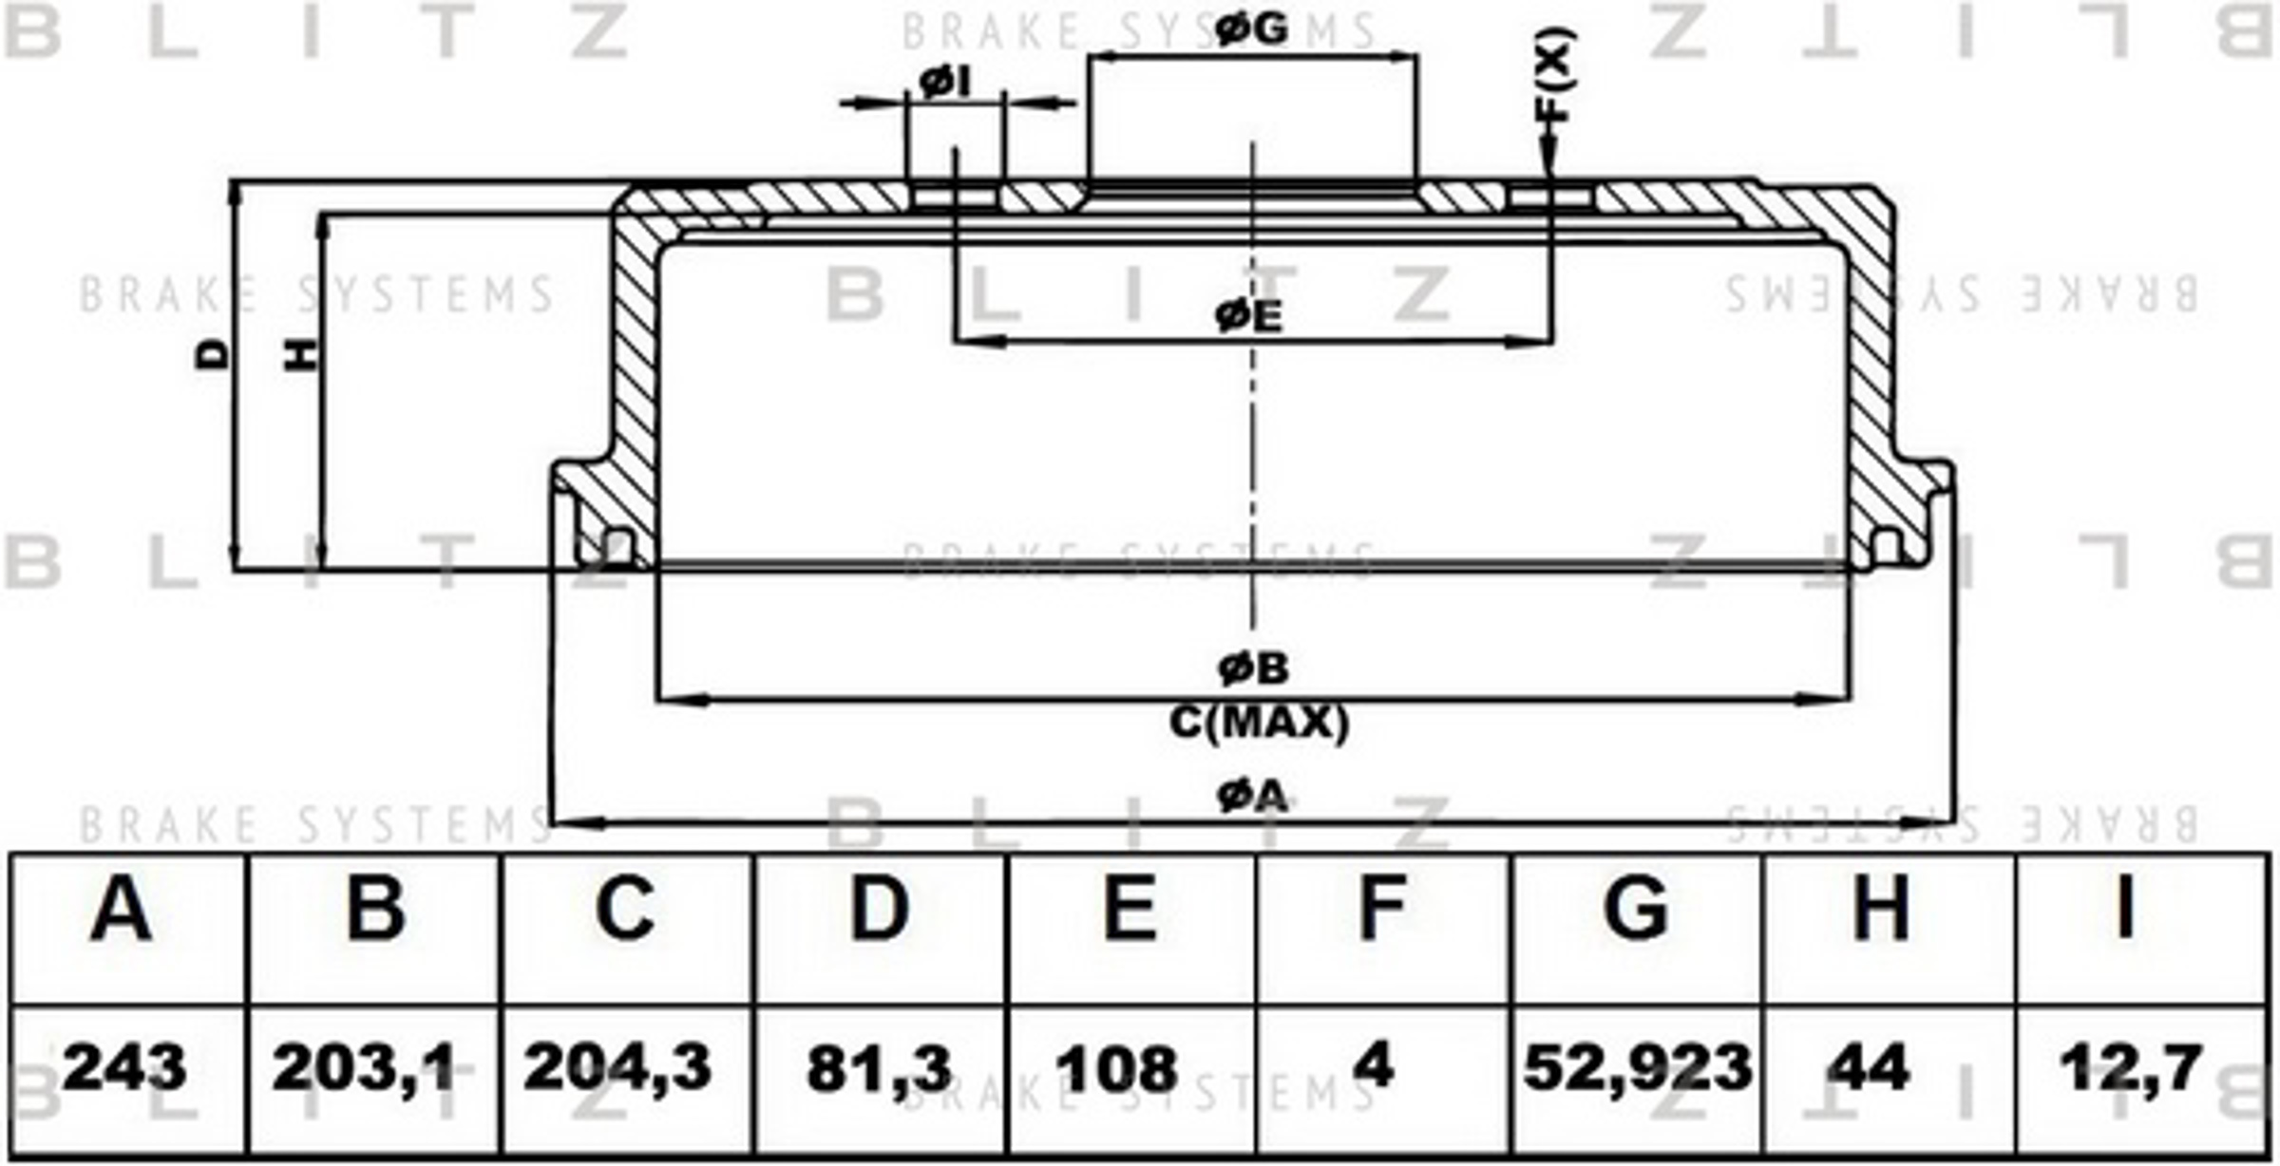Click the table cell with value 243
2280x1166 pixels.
coord(124,1067)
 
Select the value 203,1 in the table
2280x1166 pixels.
coord(364,1067)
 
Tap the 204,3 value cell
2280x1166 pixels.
coord(617,1067)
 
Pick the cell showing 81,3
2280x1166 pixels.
coord(879,1069)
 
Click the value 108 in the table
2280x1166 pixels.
coord(1117,1069)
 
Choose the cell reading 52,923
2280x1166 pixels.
coord(1638,1067)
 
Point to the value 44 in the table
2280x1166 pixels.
coord(1868,1067)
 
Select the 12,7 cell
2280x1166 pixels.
coord(2129,1067)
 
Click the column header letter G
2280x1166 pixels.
coord(1636,908)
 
